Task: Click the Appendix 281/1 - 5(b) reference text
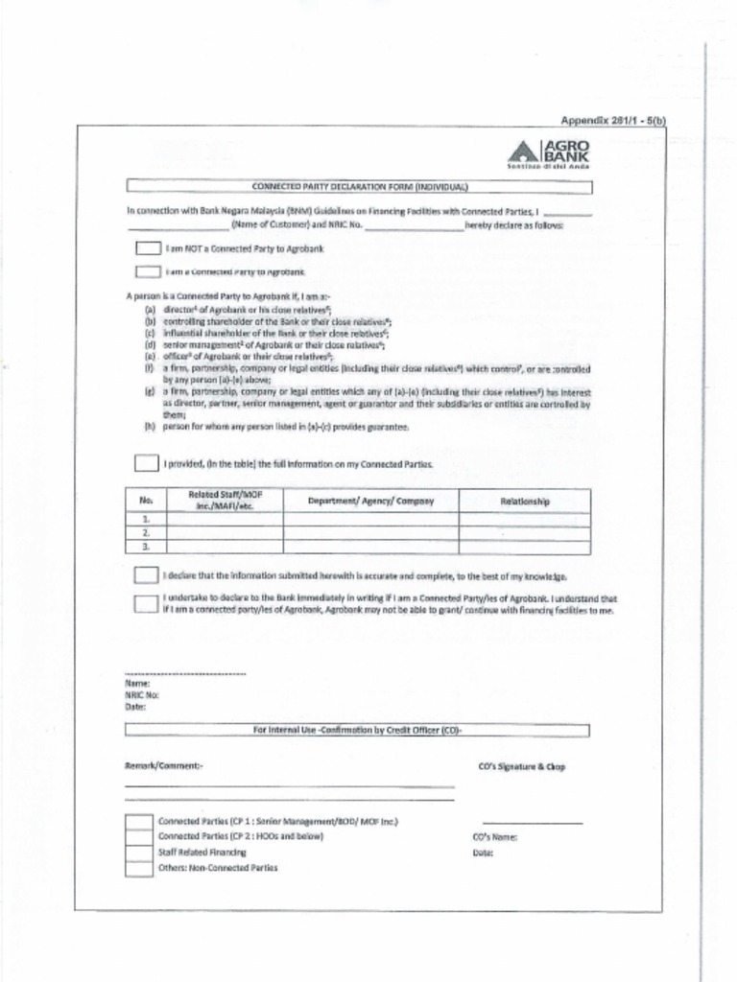(x=612, y=120)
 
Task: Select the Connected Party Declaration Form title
(x=359, y=186)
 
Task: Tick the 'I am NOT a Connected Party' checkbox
(x=148, y=248)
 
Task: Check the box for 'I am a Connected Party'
(x=148, y=272)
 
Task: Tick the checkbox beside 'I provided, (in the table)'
(x=146, y=464)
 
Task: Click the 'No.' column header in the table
(x=146, y=501)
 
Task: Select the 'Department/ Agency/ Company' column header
(x=370, y=501)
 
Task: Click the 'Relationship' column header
(x=524, y=501)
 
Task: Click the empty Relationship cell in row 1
(x=524, y=519)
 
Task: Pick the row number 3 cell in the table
(x=146, y=547)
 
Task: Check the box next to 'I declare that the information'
(x=146, y=576)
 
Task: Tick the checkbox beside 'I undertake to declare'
(x=146, y=603)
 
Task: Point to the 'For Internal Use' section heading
(x=357, y=730)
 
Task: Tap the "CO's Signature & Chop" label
(x=521, y=767)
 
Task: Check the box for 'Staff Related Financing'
(x=140, y=852)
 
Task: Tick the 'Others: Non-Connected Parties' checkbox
(x=140, y=868)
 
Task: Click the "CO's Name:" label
(x=495, y=837)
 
